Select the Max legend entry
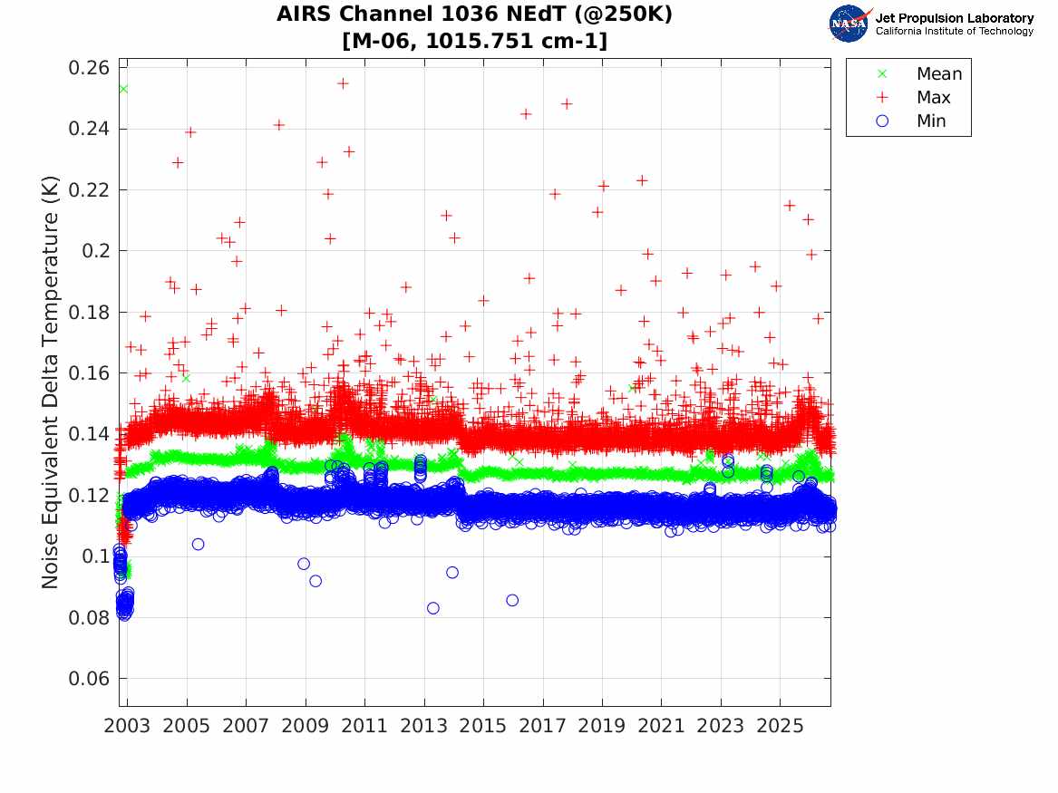pos(913,97)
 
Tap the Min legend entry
pos(911,121)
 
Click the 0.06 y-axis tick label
pos(88,679)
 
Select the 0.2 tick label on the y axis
pos(95,251)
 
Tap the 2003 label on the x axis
pos(127,726)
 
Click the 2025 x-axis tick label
pos(780,726)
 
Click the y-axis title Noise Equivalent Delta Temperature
pos(50,382)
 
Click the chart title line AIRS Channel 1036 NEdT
pos(474,14)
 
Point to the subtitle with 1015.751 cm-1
pos(474,41)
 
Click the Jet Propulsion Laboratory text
pos(954,18)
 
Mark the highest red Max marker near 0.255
pos(343,83)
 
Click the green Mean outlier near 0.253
pos(122,89)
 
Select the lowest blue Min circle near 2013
pos(433,608)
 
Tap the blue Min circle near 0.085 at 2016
pos(512,600)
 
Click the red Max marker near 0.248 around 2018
pos(567,104)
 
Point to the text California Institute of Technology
pos(954,31)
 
